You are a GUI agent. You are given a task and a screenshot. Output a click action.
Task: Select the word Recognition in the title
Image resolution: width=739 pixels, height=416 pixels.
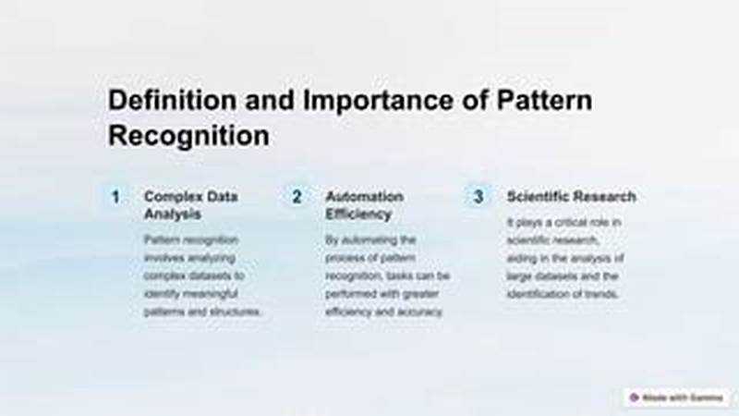coord(188,135)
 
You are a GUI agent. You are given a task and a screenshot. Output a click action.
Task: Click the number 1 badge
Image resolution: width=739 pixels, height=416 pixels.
coord(115,197)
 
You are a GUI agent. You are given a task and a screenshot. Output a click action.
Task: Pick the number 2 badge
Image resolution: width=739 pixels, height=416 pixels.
coord(297,197)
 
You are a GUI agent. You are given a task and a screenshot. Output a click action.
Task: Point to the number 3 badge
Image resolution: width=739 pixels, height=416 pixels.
coord(479,197)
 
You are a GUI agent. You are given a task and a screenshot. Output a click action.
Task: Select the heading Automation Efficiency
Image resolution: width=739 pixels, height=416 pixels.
coord(364,205)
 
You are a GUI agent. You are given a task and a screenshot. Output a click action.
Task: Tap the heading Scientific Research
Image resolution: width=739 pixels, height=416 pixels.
coord(571,197)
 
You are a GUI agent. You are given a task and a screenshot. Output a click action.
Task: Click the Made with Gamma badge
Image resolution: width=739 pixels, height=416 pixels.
coord(677,397)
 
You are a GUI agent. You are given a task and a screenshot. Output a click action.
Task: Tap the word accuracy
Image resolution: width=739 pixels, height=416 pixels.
coord(423,312)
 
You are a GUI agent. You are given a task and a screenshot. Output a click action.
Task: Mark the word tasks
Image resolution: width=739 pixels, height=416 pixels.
coord(415,275)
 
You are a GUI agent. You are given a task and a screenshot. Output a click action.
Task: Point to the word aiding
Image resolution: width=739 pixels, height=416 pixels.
coord(522,258)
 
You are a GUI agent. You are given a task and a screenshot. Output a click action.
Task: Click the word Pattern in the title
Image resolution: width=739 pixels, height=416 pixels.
coord(546,100)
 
